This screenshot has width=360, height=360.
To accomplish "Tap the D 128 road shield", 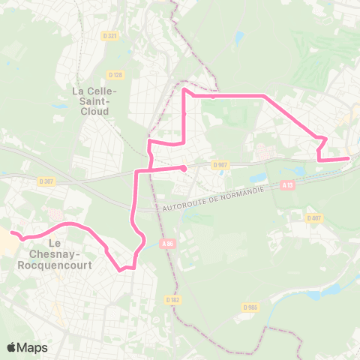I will pos(115,74).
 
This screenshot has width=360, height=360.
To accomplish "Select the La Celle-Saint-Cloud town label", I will pos(91,100).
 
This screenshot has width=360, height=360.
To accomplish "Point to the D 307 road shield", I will pos(45,181).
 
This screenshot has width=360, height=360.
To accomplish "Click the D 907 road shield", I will pos(219,164).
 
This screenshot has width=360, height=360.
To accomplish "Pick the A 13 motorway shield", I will pos(288,184).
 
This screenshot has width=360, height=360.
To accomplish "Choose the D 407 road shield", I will pos(313,218).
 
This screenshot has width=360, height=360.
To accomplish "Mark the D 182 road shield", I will pos(175,300).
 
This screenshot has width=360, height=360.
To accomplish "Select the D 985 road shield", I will pos(250,307).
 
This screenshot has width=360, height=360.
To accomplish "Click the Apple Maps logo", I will pos(27,347).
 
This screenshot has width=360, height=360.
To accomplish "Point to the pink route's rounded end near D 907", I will pos(184,168).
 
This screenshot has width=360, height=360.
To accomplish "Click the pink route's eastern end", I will pos(348,158).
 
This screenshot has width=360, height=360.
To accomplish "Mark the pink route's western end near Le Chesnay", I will pos(12,233).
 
